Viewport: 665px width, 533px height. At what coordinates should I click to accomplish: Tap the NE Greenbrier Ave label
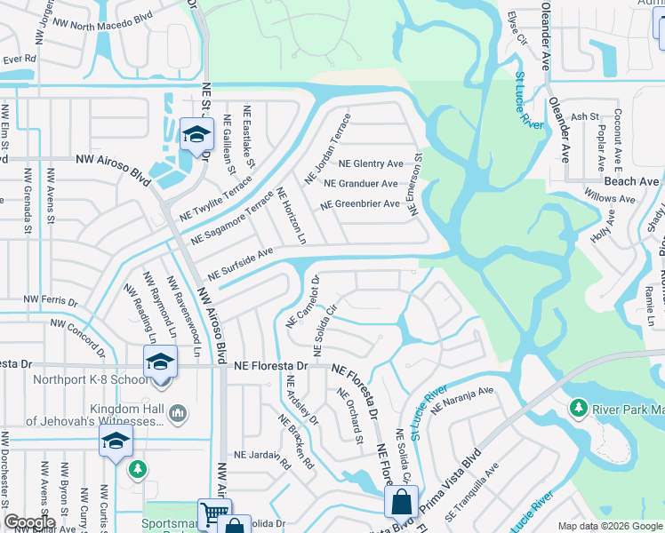point(366,203)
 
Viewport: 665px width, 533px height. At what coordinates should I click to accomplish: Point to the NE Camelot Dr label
point(302,303)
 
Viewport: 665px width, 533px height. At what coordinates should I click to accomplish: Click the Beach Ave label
point(637,181)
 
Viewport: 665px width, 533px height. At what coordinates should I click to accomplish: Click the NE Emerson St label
point(415,182)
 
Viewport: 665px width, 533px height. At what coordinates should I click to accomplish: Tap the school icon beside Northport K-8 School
point(160,362)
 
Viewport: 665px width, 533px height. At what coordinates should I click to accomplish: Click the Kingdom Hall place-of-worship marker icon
point(178,412)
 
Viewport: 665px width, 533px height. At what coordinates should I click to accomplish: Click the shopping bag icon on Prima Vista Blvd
point(401,501)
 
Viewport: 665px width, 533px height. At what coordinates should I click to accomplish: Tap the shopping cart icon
point(213,514)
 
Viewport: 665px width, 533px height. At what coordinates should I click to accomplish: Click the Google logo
point(29,523)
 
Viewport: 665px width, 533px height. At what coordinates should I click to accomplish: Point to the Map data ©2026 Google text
point(610,526)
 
